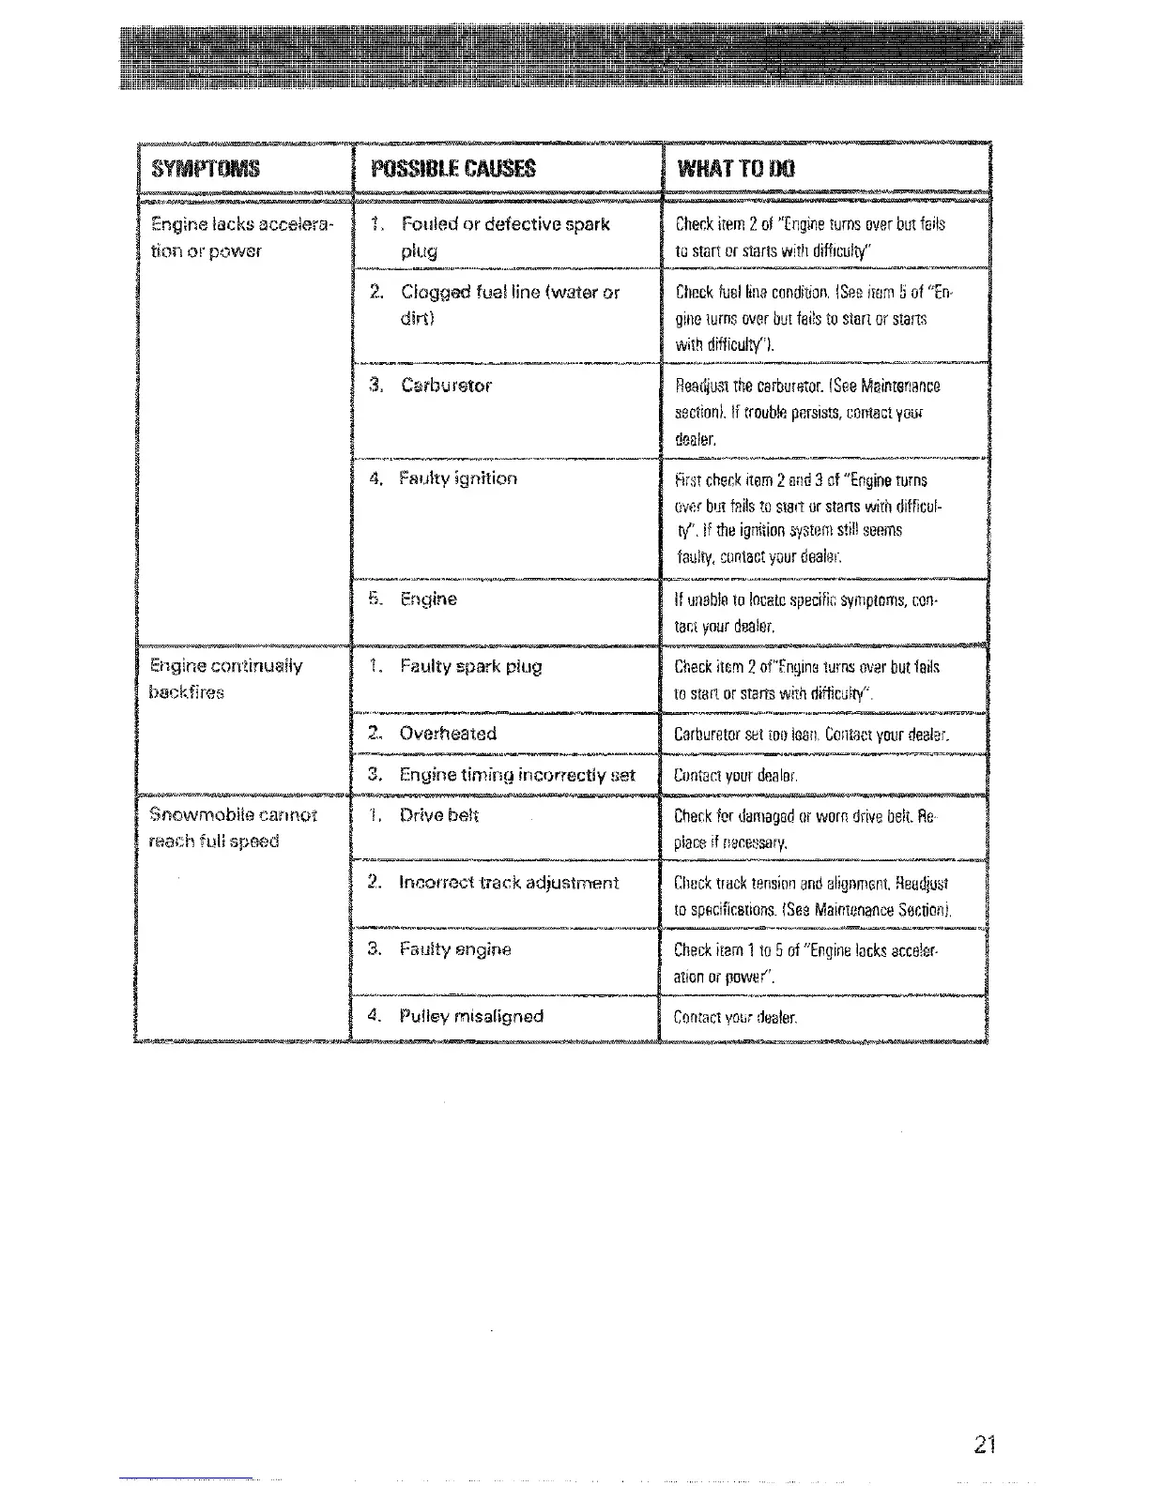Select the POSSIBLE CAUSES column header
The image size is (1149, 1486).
[x=453, y=169]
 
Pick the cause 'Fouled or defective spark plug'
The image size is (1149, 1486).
[x=504, y=237]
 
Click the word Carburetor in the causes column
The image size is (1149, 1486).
[x=446, y=386]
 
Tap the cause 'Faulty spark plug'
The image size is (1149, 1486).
[x=470, y=667]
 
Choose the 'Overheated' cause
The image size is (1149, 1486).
[x=448, y=734]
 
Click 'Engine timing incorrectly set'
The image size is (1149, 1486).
[x=516, y=775]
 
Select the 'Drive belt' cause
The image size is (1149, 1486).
[x=438, y=815]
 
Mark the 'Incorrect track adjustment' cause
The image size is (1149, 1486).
[x=509, y=883]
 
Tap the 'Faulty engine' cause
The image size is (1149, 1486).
[x=454, y=949]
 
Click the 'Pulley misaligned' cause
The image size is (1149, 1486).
[x=470, y=1016]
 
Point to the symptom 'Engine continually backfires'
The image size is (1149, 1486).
[x=225, y=679]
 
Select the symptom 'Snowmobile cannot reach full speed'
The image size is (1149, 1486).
[x=233, y=827]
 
